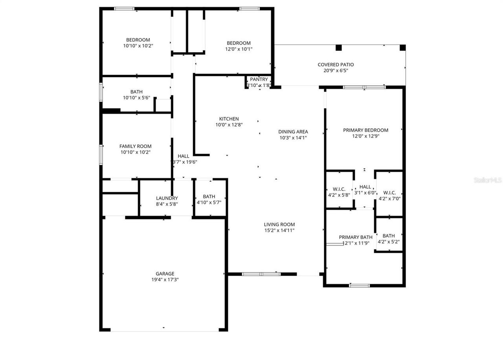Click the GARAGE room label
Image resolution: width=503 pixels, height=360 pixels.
pos(165,274)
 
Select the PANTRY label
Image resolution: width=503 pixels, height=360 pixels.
pos(259,79)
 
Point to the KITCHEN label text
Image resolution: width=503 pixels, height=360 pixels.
pos(229,119)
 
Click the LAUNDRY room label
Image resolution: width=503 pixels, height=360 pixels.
pos(167,198)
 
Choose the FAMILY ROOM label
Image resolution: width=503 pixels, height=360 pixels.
pos(135,146)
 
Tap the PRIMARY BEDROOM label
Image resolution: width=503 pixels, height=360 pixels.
pos(365,130)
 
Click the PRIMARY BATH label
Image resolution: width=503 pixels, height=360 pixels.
pos(356,237)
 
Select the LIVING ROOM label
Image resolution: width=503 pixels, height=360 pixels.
pos(279,224)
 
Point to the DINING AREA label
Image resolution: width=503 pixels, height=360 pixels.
pos(293,132)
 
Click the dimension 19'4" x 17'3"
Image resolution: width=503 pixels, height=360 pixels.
pos(165,280)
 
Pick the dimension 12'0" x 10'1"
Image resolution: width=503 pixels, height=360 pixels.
pos(239,49)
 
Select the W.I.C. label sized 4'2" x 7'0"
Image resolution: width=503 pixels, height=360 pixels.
pos(389,193)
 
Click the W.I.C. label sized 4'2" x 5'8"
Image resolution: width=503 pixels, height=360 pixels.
pos(339,189)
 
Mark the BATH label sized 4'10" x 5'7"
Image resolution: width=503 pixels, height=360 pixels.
pos(209,197)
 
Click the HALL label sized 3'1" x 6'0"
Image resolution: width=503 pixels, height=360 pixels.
pos(365,187)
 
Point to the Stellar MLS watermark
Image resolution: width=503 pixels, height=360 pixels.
pos(488,180)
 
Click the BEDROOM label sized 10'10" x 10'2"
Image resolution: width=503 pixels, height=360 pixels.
pos(138,40)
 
